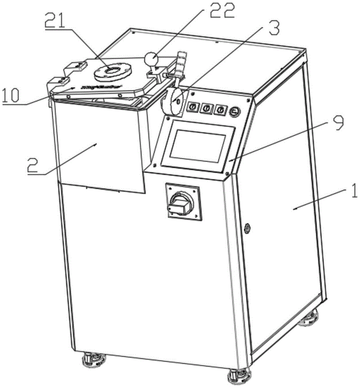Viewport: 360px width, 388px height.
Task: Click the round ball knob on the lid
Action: coord(150,59)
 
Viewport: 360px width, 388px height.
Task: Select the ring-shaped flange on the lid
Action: coord(113,71)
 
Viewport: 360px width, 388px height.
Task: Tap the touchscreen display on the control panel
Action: coord(198,145)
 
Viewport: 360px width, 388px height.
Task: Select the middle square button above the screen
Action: coord(207,109)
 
